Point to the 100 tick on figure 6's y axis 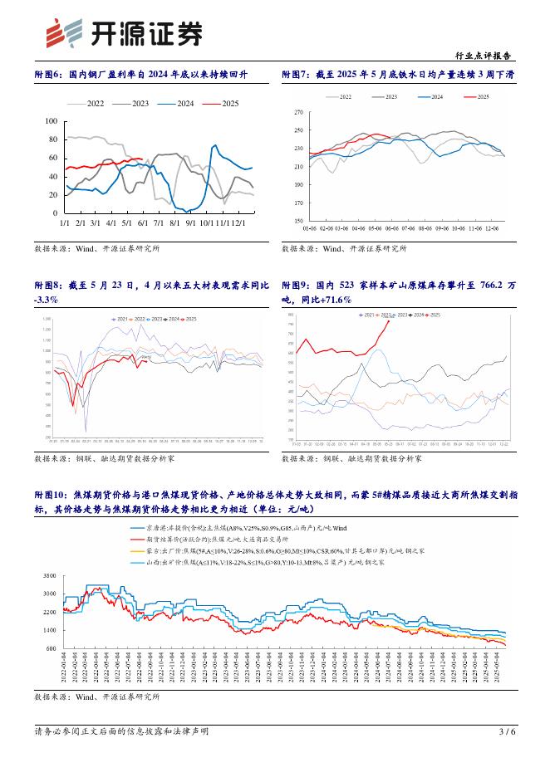pyautogui.click(x=50, y=121)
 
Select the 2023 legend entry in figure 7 pyautogui.click(x=387, y=97)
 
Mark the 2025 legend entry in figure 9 pyautogui.click(x=433, y=315)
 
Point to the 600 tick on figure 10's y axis pyautogui.click(x=50, y=648)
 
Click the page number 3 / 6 pyautogui.click(x=507, y=755)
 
